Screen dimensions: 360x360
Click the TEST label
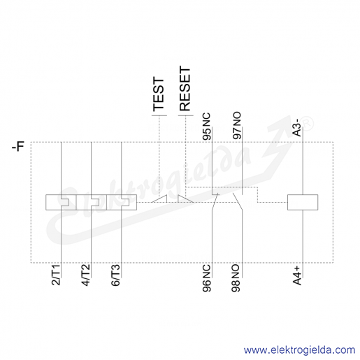(159, 94)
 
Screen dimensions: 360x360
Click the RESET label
(185, 89)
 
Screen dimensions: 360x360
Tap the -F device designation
(18, 147)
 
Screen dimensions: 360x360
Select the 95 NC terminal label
(206, 127)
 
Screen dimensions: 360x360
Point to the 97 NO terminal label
(237, 126)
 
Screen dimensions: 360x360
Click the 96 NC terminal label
(206, 278)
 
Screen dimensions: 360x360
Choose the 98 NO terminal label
(236, 278)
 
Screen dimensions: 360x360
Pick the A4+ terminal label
(297, 275)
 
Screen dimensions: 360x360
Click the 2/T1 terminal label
(56, 275)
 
